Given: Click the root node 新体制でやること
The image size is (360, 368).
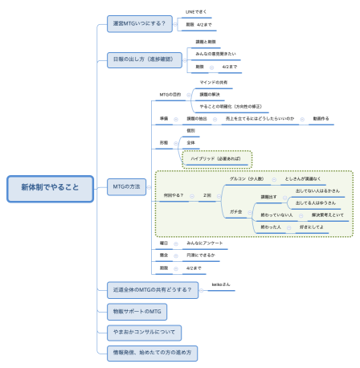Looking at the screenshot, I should (50, 188).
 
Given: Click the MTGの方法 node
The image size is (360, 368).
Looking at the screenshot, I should (124, 186).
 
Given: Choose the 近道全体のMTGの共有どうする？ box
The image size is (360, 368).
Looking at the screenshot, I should (152, 290).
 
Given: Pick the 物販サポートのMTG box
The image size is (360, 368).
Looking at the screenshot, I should (134, 311).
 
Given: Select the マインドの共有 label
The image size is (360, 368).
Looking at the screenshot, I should (214, 83).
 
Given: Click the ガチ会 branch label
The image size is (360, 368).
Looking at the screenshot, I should (235, 211).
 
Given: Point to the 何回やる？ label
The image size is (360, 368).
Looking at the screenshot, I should (173, 195).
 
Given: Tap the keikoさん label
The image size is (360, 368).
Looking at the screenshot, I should (222, 284).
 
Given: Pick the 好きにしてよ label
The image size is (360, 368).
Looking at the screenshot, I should (311, 228).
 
